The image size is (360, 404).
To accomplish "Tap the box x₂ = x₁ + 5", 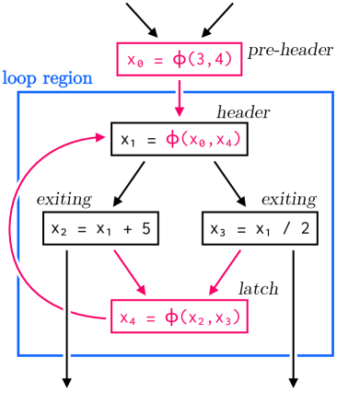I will pyautogui.click(x=100, y=228).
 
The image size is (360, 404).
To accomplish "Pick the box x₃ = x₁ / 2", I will pyautogui.click(x=260, y=228).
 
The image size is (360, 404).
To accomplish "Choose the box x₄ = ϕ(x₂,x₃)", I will pyautogui.click(x=179, y=317).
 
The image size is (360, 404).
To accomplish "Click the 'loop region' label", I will pyautogui.click(x=47, y=78).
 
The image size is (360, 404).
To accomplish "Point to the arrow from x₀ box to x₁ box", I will pyautogui.click(x=180, y=99).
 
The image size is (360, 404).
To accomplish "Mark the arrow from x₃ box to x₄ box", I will pyautogui.click(x=225, y=271).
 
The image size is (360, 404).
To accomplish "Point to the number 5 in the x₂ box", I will pyautogui.click(x=145, y=228).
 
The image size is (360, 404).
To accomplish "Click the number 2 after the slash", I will pyautogui.click(x=305, y=228).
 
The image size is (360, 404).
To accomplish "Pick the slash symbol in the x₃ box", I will pyautogui.click(x=283, y=228).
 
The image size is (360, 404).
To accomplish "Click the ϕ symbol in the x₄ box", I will pyautogui.click(x=171, y=317).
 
